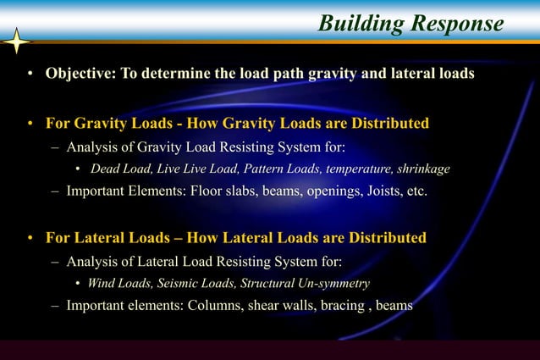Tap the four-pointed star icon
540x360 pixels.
(16, 41)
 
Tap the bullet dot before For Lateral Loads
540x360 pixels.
(28, 238)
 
